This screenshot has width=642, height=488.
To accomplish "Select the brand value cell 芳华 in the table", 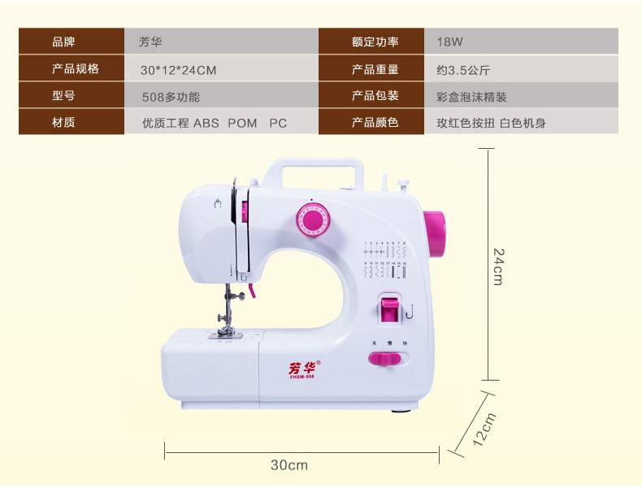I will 150,41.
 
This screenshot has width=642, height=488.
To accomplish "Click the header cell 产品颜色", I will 375,123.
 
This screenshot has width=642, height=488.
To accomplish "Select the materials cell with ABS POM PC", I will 215,123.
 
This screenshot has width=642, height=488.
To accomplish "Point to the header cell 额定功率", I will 375,41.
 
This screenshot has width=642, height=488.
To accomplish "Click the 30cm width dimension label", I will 289,465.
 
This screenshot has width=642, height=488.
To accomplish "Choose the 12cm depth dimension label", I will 484,429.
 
